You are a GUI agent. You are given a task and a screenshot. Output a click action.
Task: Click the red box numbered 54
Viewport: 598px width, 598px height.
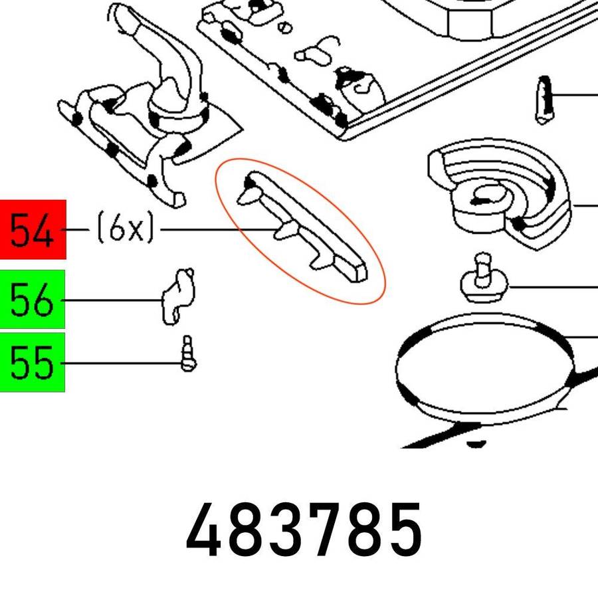click(33, 230)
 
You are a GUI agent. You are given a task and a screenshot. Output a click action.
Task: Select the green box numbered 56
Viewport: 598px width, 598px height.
click(33, 299)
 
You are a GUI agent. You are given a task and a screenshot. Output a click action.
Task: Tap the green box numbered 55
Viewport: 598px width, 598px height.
click(33, 362)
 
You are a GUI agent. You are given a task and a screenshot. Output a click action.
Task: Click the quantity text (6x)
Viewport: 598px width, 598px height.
click(126, 228)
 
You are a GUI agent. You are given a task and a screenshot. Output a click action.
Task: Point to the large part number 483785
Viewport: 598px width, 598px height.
click(304, 530)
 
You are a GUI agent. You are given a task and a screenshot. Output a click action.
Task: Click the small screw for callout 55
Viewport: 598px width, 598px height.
click(188, 353)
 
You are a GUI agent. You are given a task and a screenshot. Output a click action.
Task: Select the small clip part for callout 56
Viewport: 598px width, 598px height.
click(178, 297)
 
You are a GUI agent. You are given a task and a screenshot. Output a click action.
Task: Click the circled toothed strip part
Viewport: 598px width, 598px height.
click(301, 228)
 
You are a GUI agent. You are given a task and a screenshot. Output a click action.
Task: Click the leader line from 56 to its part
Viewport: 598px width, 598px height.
click(112, 300)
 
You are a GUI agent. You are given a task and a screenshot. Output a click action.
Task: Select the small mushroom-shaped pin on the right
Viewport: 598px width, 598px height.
click(484, 278)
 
